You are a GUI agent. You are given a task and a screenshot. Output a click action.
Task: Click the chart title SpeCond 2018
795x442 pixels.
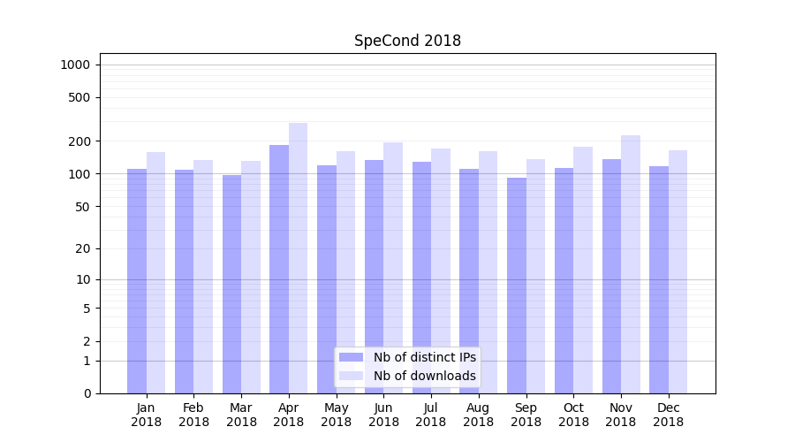pyautogui.click(x=407, y=41)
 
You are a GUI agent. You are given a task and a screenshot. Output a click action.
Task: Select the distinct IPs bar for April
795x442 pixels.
pyautogui.click(x=279, y=270)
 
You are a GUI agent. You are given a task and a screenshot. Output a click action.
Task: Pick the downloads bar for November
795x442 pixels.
pyautogui.click(x=631, y=264)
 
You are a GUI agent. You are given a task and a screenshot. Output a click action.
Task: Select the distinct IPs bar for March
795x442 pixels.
pyautogui.click(x=231, y=284)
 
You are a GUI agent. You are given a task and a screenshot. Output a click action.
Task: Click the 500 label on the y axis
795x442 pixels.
pyautogui.click(x=79, y=97)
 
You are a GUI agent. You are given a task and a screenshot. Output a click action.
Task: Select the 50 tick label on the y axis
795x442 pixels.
pyautogui.click(x=82, y=206)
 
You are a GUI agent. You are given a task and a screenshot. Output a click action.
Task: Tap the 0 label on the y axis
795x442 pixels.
pyautogui.click(x=87, y=393)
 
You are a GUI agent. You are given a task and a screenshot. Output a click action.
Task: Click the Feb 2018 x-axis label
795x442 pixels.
pyautogui.click(x=193, y=415)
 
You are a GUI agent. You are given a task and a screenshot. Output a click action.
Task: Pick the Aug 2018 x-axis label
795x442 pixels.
pyautogui.click(x=479, y=415)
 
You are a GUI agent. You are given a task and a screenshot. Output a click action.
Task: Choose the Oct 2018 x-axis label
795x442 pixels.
pyautogui.click(x=573, y=415)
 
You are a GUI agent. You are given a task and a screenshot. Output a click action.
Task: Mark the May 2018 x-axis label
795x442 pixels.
pyautogui.click(x=337, y=415)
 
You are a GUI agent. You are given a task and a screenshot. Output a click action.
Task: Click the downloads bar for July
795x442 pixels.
pyautogui.click(x=441, y=271)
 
